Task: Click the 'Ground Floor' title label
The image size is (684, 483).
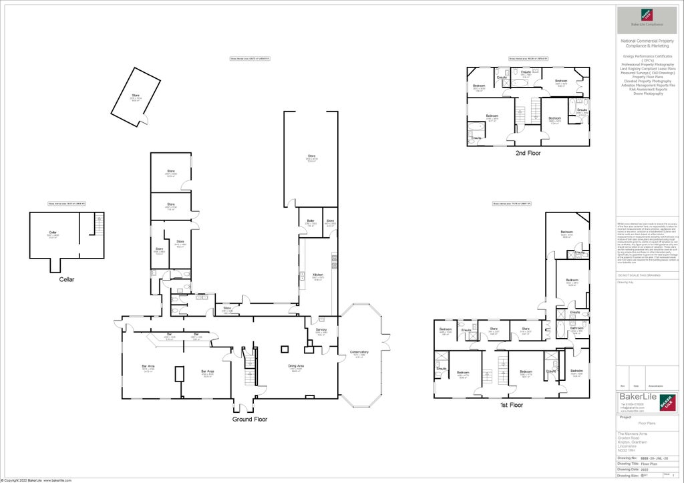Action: tap(250, 420)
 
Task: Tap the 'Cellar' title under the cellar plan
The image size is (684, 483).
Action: tap(66, 279)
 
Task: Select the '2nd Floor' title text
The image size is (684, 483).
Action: tap(528, 153)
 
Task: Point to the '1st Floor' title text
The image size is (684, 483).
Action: tap(511, 405)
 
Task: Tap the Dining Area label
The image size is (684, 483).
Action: tap(296, 366)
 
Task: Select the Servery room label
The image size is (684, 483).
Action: tap(321, 331)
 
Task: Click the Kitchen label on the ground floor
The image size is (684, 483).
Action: tap(318, 275)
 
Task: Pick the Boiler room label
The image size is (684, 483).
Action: tap(311, 220)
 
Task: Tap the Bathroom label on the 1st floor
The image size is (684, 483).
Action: tap(577, 328)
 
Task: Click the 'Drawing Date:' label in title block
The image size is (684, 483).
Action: tap(629, 469)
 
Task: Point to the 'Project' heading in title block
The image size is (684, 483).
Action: tap(625, 417)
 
